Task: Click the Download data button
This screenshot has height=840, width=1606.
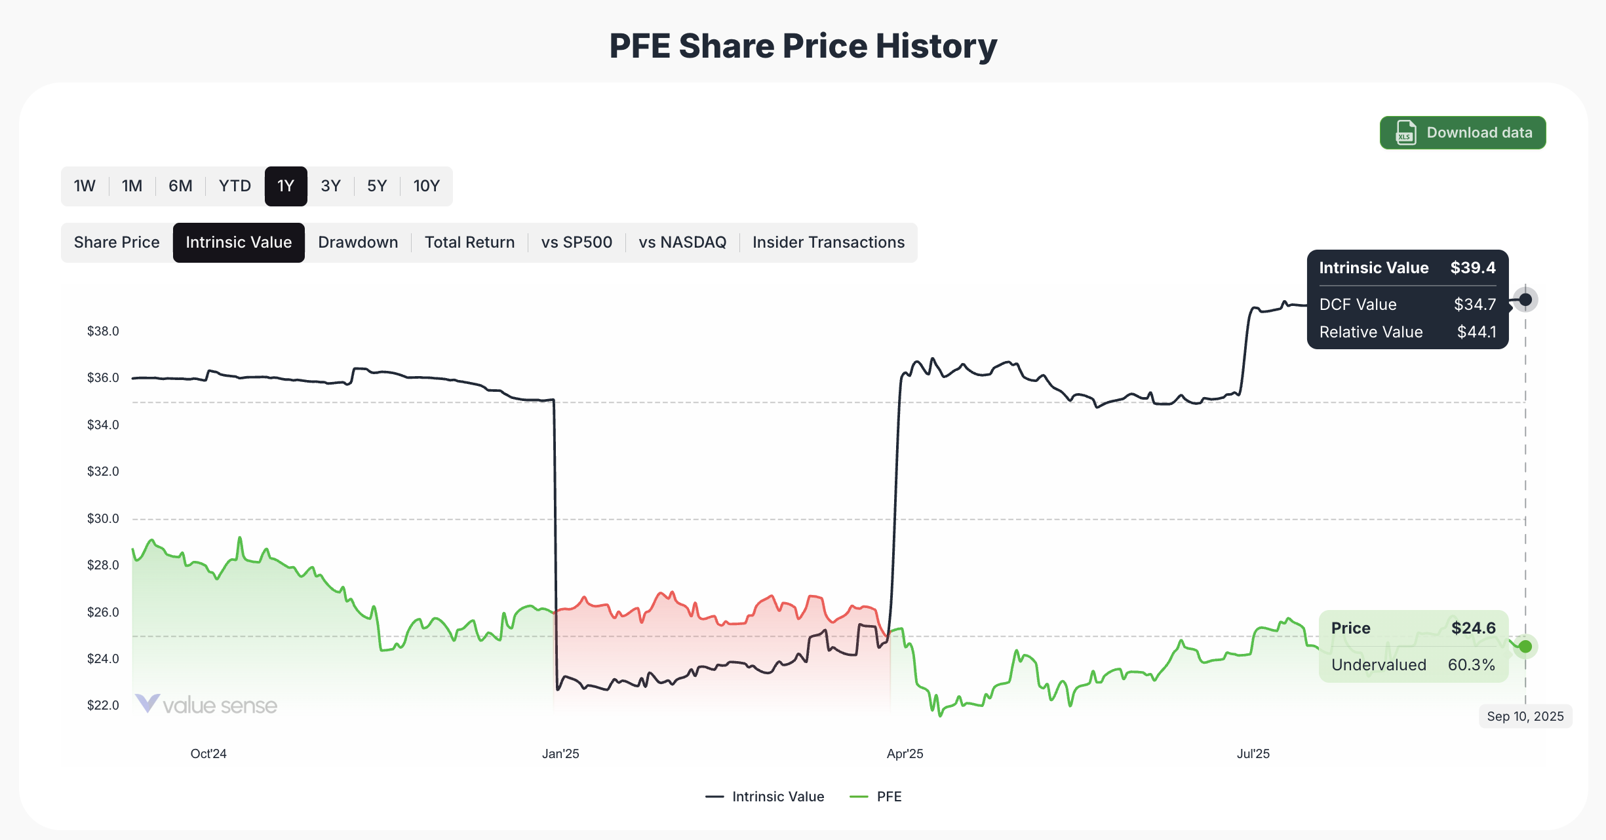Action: [1462, 133]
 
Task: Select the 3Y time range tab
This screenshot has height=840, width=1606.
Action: [330, 186]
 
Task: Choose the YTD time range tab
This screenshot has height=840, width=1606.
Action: [235, 186]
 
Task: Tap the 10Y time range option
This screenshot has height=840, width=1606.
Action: [426, 186]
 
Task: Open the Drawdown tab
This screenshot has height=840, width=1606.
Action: [358, 242]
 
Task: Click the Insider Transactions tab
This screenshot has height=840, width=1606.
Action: [828, 242]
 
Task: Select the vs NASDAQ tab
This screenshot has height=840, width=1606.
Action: [682, 242]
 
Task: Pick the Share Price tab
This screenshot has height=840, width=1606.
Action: [117, 242]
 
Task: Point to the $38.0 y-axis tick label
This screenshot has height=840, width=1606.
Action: [103, 331]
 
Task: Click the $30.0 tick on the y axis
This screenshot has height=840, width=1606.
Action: [103, 518]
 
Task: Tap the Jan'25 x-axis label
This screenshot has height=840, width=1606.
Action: [560, 754]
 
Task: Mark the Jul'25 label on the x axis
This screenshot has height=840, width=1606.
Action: [1253, 754]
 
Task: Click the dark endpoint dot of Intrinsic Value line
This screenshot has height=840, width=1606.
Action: [1525, 299]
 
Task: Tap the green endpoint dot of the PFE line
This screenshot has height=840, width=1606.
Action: [1525, 647]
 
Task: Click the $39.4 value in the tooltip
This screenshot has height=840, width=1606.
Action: [1472, 268]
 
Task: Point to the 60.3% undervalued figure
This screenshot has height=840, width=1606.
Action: [1471, 664]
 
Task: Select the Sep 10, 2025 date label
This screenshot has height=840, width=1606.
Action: [1525, 716]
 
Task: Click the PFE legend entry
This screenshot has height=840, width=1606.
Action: [888, 797]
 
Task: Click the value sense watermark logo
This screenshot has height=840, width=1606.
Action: [206, 705]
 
